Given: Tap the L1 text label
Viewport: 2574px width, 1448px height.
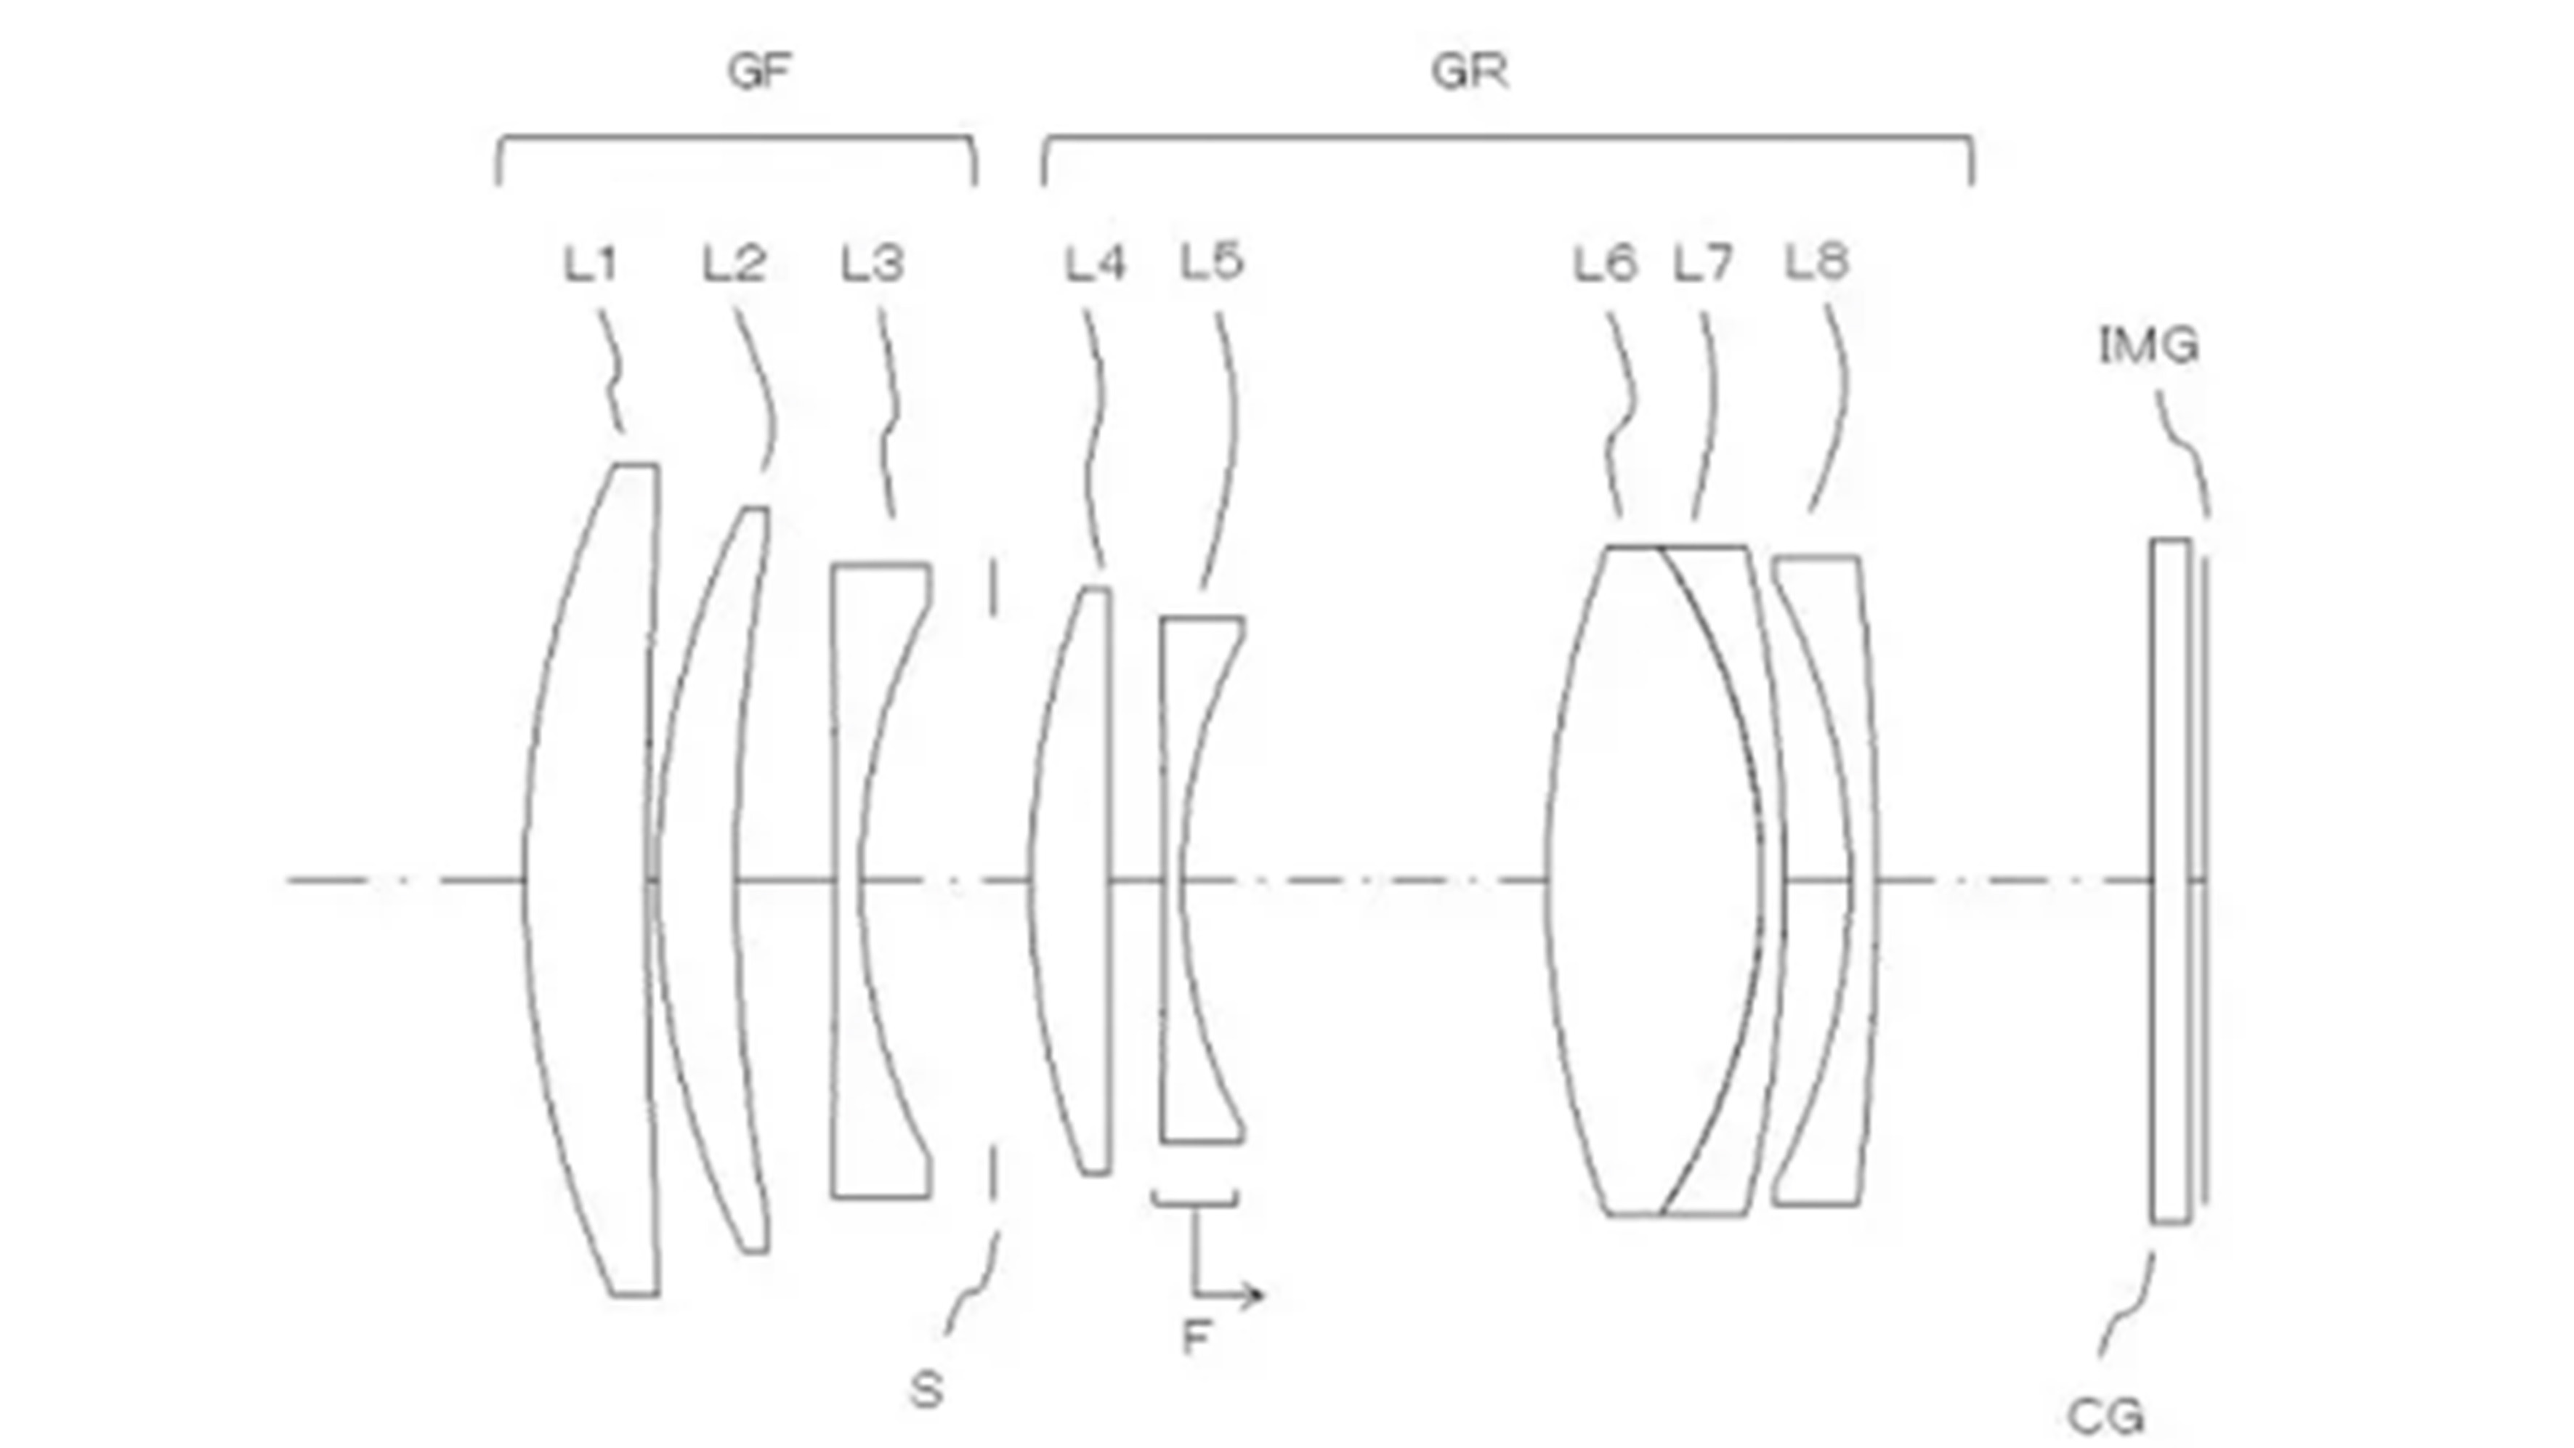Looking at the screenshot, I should (x=591, y=264).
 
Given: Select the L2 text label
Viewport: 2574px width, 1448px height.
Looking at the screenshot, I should (x=734, y=264).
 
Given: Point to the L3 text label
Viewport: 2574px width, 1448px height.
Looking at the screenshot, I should (x=873, y=264).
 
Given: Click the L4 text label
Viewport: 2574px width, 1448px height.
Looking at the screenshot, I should (x=1095, y=264).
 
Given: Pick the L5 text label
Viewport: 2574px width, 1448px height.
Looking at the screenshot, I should (x=1212, y=261).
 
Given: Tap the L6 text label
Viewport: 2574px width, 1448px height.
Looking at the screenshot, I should (x=1605, y=264).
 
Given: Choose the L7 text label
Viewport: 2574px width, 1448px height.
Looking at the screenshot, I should (x=1703, y=264).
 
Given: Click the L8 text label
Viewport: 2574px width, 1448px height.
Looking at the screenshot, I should (x=1816, y=261).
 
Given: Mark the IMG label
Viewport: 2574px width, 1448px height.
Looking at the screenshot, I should (x=2148, y=346).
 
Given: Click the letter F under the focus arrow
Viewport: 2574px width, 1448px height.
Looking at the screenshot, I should (x=1196, y=1336).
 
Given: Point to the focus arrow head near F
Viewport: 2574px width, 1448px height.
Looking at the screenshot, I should (x=1257, y=1296).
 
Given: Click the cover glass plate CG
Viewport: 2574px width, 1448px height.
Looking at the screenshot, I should (x=2169, y=879).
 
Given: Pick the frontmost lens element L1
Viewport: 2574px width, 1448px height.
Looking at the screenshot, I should (x=589, y=879).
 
